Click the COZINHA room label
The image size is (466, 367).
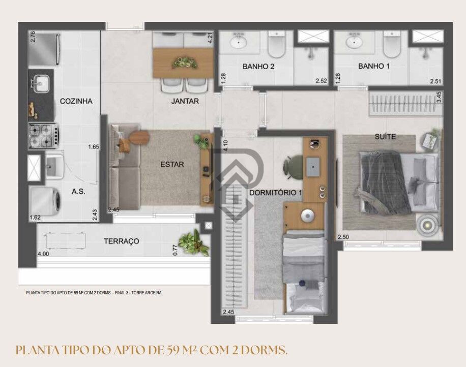[76, 101]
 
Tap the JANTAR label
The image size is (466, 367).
[185, 101]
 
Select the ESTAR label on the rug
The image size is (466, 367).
[172, 164]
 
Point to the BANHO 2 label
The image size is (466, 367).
[258, 67]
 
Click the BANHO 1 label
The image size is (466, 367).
[374, 67]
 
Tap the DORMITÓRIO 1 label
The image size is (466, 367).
[276, 193]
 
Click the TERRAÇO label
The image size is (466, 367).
[122, 241]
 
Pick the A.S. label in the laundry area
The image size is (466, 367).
[78, 192]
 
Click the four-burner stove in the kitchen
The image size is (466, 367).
[43, 135]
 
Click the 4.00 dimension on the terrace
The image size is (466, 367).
[43, 254]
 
